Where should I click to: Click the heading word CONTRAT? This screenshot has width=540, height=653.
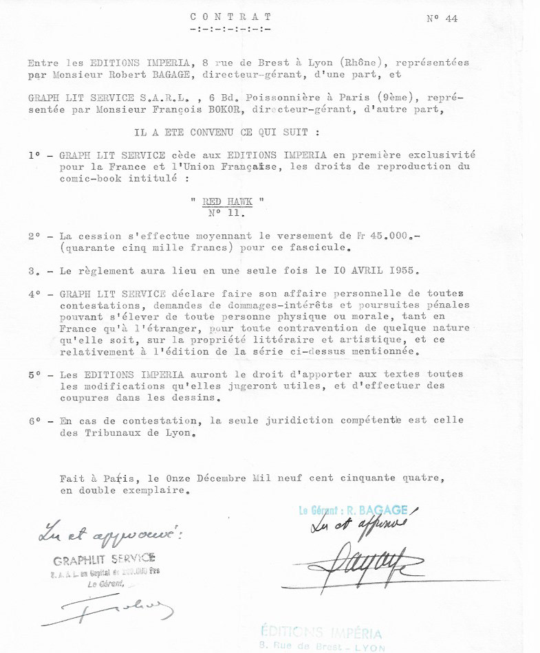pos(230,16)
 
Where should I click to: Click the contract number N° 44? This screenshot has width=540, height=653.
pos(442,19)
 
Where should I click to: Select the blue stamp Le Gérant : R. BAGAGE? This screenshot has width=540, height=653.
pos(353,511)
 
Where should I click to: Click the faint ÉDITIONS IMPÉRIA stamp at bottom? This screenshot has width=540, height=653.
pos(321,634)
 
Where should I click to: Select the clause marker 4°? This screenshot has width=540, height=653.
pos(36,294)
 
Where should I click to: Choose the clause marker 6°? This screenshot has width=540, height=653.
pos(36,421)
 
